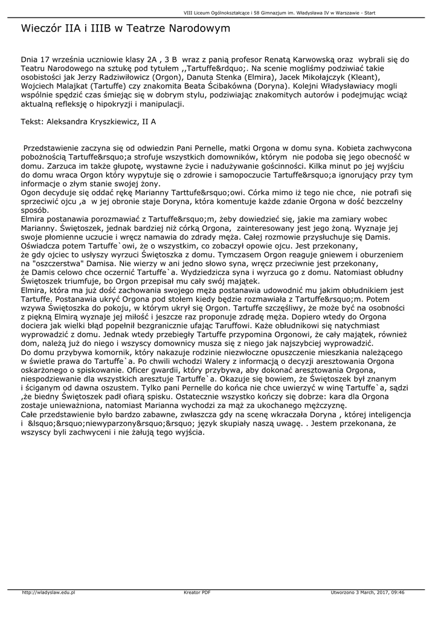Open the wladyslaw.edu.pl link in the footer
[48, 592]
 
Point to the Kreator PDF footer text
[197, 592]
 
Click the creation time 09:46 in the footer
[397, 592]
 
